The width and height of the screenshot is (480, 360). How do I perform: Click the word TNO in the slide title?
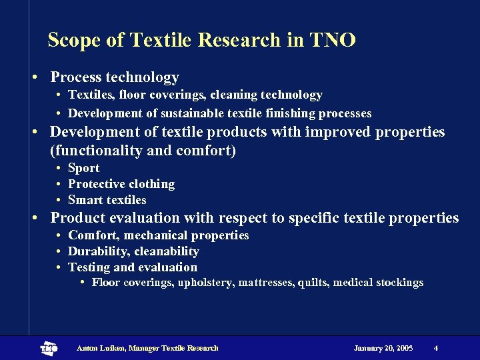tap(333, 40)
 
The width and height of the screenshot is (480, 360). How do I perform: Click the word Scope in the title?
tap(74, 41)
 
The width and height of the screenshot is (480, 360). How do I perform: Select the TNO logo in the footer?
tap(49, 348)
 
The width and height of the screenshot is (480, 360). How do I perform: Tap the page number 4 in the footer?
tap(435, 348)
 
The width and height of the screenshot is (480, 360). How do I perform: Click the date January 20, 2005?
tap(383, 348)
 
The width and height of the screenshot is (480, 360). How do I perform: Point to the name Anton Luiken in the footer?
tap(101, 348)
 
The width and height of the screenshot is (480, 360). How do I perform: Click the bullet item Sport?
tap(84, 168)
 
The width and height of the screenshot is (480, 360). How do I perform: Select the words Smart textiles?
tap(107, 200)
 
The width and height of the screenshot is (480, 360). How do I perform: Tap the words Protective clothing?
tap(121, 184)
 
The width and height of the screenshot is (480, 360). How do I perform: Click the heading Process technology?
tap(115, 78)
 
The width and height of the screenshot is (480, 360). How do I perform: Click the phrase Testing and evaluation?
tap(133, 267)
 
